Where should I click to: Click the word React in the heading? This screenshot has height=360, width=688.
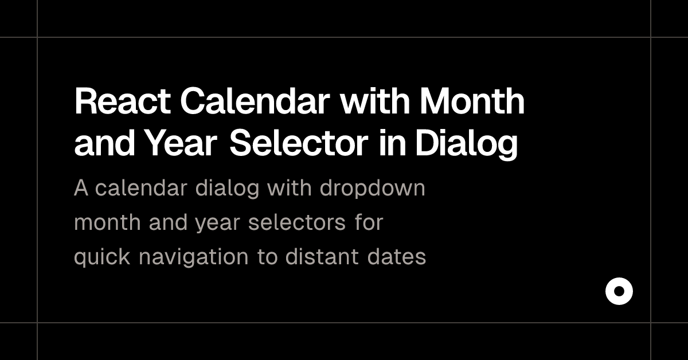click(122, 102)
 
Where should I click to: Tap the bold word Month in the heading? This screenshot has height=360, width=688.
click(472, 102)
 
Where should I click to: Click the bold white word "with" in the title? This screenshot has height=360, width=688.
click(376, 102)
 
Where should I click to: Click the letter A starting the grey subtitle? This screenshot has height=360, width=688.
click(81, 188)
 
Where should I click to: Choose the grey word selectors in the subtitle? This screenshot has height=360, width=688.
click(296, 222)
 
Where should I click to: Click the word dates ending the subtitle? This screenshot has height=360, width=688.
click(397, 257)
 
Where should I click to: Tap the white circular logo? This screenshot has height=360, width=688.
click(619, 292)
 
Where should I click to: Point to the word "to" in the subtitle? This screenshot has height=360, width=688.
click(267, 257)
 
